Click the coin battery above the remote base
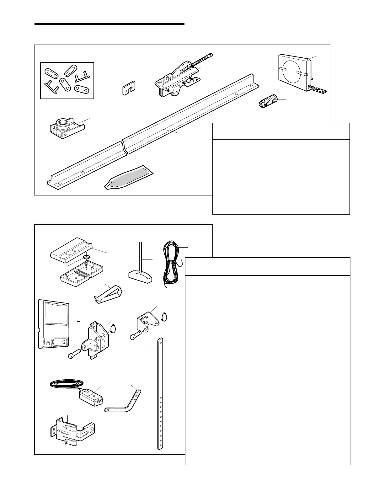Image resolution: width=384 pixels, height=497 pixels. coord(86,257)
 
